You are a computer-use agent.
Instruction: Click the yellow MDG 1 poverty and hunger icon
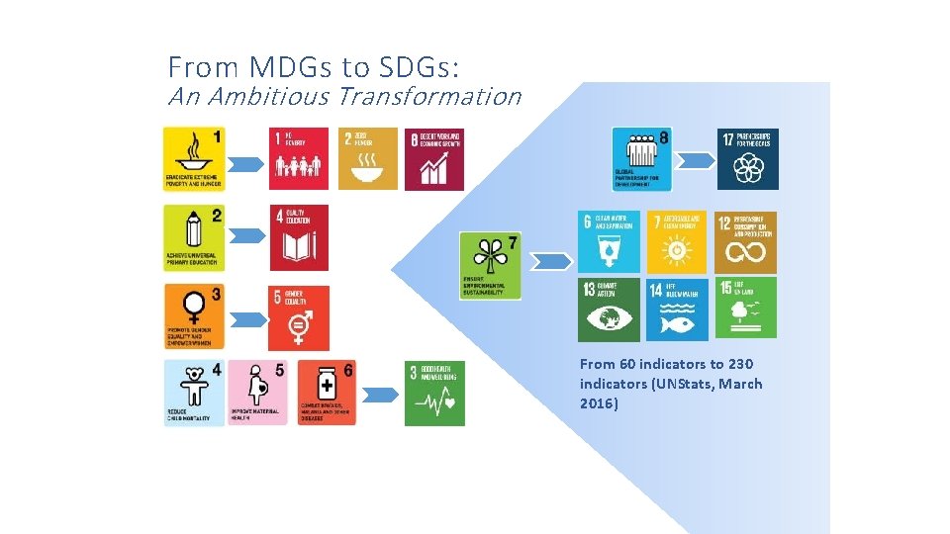tap(195, 158)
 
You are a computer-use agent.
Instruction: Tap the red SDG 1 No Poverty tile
tap(299, 158)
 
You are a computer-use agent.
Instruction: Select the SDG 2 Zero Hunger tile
tap(368, 158)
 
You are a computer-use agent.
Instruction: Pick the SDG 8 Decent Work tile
tap(433, 158)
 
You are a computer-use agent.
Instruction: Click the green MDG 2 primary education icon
tap(195, 237)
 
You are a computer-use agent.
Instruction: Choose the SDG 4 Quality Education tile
tap(299, 237)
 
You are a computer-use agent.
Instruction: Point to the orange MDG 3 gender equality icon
tap(195, 316)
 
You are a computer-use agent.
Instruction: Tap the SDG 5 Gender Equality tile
tap(299, 316)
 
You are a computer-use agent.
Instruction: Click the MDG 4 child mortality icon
tap(194, 393)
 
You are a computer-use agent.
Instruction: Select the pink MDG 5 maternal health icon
tap(258, 393)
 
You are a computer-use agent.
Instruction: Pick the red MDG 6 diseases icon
tap(325, 393)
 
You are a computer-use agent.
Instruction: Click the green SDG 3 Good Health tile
tap(433, 393)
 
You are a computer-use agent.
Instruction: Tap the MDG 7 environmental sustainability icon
tap(489, 264)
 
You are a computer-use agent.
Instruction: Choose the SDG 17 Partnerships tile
tap(747, 158)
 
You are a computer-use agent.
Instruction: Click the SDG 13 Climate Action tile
tap(609, 309)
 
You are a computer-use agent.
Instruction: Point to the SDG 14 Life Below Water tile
tap(677, 309)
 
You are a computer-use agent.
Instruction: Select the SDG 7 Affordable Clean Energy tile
tap(677, 242)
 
